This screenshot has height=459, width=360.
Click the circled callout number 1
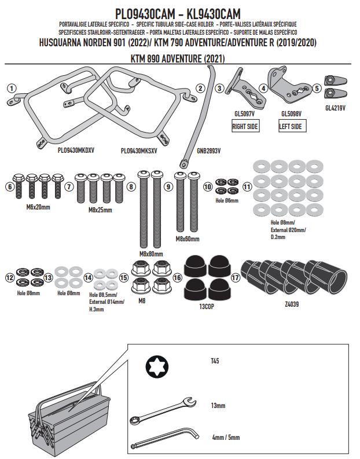click(x=12, y=88)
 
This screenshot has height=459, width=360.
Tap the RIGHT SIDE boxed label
click(x=245, y=126)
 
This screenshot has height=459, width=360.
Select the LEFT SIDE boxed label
click(x=289, y=126)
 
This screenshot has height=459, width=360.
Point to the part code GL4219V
click(x=335, y=108)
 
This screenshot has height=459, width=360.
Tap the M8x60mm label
click(x=186, y=238)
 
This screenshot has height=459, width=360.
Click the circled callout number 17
click(x=235, y=277)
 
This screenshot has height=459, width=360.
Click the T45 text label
click(x=215, y=361)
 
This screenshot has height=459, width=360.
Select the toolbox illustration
click(x=64, y=417)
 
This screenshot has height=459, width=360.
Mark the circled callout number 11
click(x=247, y=187)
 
